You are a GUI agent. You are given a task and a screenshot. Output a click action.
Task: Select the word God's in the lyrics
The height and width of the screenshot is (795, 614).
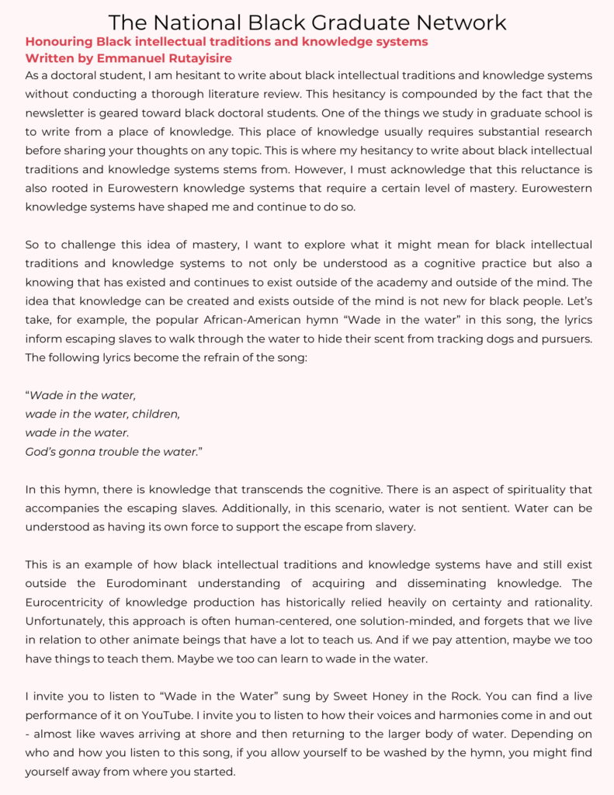tap(43, 451)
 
